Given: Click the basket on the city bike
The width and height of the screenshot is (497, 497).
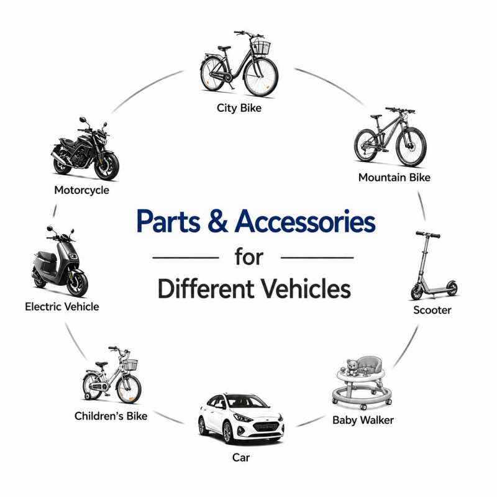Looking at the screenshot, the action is click(x=261, y=47).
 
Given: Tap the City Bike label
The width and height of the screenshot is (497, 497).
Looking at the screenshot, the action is click(x=239, y=108).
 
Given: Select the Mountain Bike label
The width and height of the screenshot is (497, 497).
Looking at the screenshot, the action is click(x=394, y=178).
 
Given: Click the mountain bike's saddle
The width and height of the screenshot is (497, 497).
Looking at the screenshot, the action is click(x=376, y=116).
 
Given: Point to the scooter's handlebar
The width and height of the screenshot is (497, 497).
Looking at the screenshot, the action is click(x=428, y=235).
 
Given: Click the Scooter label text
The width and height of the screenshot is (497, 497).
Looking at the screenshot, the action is click(x=432, y=310).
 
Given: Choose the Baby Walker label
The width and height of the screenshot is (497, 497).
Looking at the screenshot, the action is click(x=363, y=421).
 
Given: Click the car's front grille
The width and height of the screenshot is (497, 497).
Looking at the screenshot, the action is click(x=267, y=427).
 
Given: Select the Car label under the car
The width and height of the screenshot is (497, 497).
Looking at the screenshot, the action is click(x=241, y=457).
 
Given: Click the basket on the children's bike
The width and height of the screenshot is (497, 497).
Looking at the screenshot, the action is click(x=130, y=365).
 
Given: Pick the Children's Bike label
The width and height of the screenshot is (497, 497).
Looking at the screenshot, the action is click(x=111, y=416).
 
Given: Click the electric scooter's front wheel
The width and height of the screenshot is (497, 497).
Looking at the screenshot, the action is click(x=78, y=283).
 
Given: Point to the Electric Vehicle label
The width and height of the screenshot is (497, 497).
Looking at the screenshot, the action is click(x=62, y=307).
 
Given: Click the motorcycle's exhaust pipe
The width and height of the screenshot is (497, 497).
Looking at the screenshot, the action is click(x=58, y=157).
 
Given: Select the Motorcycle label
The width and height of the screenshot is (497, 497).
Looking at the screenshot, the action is click(x=81, y=190).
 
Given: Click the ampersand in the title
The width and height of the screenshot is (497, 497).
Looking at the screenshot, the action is click(x=218, y=221).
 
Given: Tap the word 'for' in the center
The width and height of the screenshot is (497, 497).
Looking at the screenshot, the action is click(x=249, y=257).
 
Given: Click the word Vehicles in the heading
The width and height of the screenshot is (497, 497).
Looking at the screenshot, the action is click(x=306, y=289).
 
